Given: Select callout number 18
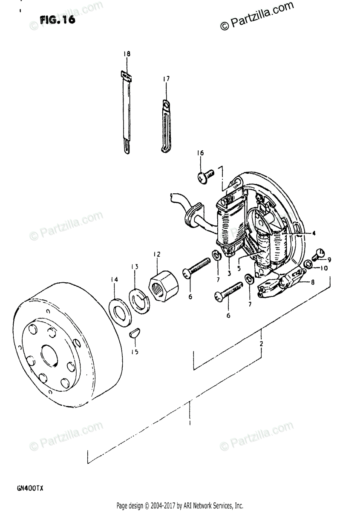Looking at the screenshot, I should pos(127,54).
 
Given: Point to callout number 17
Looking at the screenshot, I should pos(166,79).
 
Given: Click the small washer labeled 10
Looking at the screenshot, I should pos(308,267).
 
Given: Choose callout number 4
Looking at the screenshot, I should pos(313,233).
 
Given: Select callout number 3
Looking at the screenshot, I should pos(229,273).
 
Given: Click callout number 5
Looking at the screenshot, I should pos(239,268).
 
